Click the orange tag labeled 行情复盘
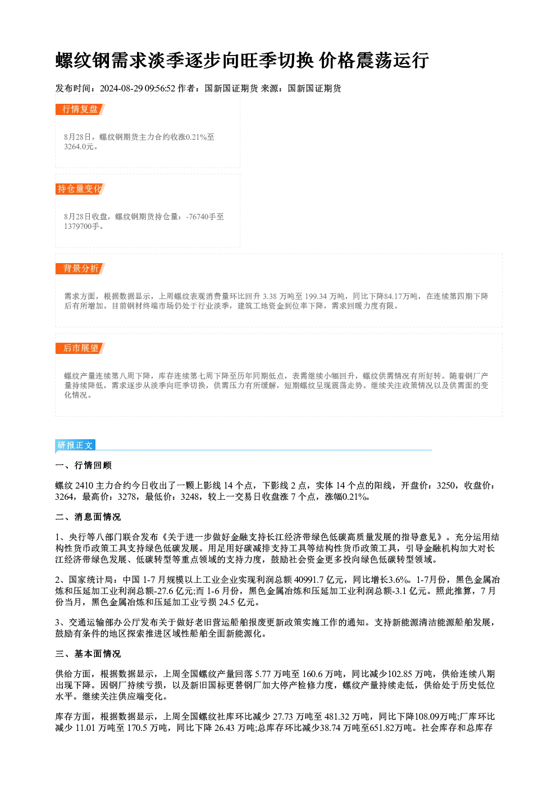tap(80, 109)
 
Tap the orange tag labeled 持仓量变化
tap(80, 189)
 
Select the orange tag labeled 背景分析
tap(80, 269)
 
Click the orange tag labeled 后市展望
tap(80, 348)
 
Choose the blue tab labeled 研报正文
tap(75, 445)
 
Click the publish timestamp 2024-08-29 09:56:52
tap(138, 88)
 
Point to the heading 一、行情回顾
tap(83, 466)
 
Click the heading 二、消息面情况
tap(88, 517)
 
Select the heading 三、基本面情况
tap(88, 654)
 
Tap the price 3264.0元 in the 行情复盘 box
tap(79, 146)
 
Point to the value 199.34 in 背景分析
tap(316, 296)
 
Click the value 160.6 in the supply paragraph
tap(312, 674)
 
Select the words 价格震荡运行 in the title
tap(373, 61)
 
